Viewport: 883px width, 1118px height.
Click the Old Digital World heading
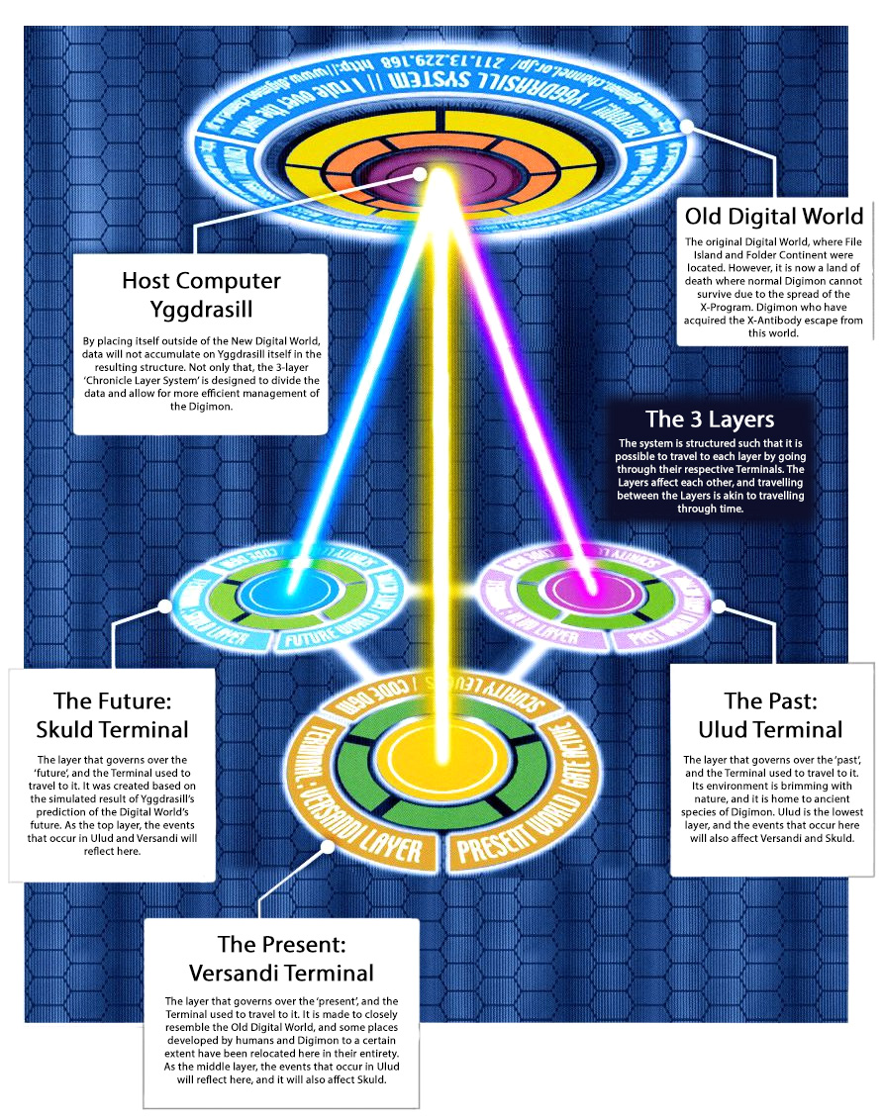pyautogui.click(x=774, y=216)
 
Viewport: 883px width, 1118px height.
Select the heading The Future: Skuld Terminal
pyautogui.click(x=112, y=715)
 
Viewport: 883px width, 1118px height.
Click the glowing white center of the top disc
pyautogui.click(x=421, y=173)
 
